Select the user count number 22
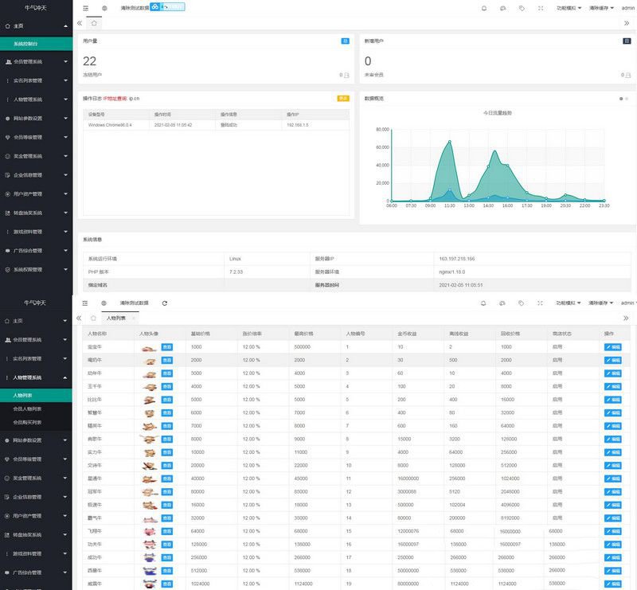click(x=89, y=61)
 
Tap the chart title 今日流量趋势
click(x=497, y=113)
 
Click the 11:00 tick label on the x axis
click(x=449, y=205)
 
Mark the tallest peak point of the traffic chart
click(x=449, y=142)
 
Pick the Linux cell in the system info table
click(x=235, y=259)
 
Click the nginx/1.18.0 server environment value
click(x=451, y=272)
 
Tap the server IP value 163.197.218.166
click(x=456, y=259)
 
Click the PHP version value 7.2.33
click(x=236, y=272)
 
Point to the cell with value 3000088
click(x=408, y=492)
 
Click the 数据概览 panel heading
click(x=374, y=99)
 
